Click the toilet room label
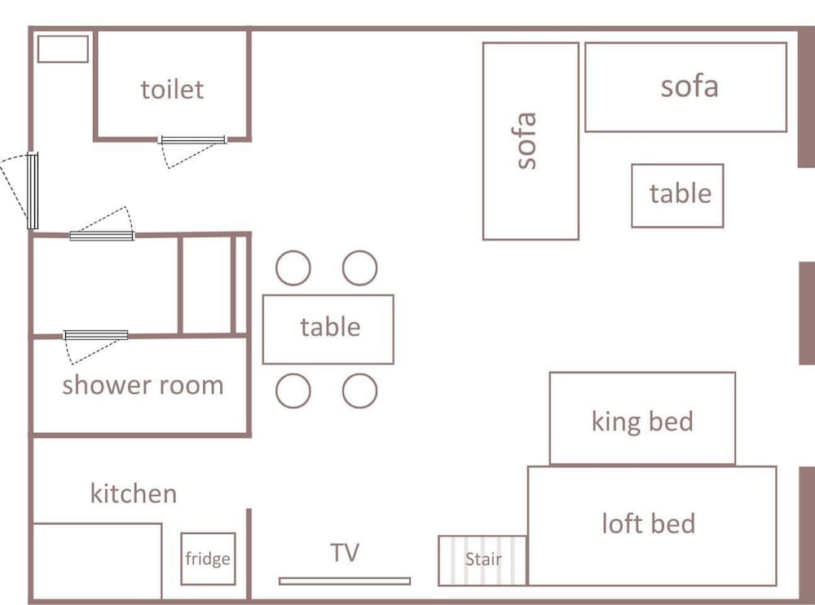point(172,90)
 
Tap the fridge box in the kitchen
point(208,559)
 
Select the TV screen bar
point(345,581)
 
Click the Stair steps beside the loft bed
point(482,561)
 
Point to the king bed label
point(642,422)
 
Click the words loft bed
point(648,523)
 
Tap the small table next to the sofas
point(677,196)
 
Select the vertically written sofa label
point(526,140)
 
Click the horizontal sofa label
point(689,86)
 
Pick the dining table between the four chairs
point(328,329)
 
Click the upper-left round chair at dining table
point(293,268)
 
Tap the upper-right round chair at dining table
point(359,268)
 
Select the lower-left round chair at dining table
point(293,391)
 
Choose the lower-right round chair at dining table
point(359,391)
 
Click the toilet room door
point(192,140)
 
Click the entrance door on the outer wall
point(33,191)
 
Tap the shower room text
point(143,386)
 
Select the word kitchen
point(134,493)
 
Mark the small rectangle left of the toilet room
point(63,49)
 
